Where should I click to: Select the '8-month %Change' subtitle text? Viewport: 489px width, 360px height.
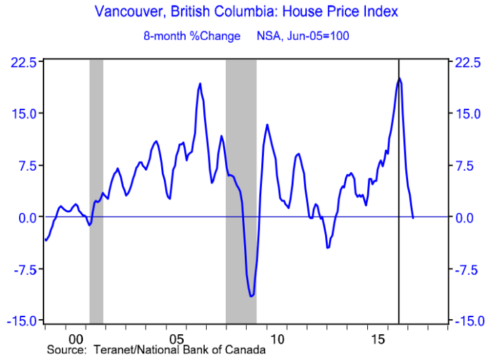(199, 35)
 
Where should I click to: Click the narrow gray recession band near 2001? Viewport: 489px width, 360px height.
(96, 191)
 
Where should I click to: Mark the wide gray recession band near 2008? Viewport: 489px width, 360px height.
(241, 191)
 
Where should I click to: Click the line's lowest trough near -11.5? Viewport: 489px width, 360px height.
(251, 296)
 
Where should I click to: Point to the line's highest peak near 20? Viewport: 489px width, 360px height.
(399, 79)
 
